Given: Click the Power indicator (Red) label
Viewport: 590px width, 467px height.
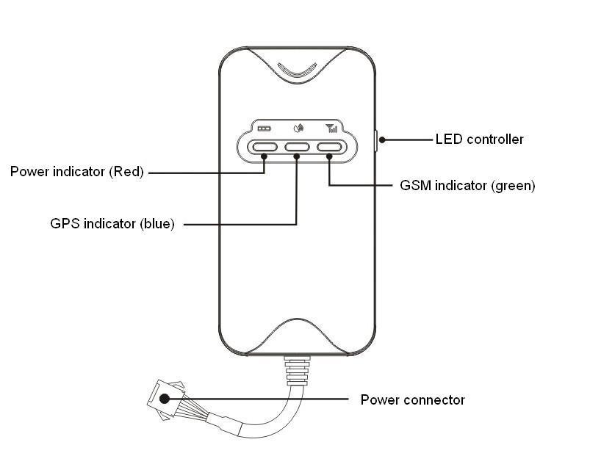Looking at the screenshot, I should (76, 173).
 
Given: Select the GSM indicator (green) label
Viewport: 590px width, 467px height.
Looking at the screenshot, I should (467, 186).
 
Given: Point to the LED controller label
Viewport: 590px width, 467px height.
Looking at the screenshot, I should (479, 139).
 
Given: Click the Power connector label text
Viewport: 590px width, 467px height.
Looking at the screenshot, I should (412, 400).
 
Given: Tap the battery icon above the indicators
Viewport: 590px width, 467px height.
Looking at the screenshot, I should (264, 128).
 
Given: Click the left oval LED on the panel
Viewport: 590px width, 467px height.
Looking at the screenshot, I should (264, 147).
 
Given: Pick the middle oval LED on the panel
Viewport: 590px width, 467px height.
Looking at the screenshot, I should (297, 147).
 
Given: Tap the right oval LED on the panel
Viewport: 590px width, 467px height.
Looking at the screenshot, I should (330, 147).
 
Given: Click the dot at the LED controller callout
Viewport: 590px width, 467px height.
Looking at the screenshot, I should (382, 140).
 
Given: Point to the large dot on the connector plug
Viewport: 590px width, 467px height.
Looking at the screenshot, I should (165, 399).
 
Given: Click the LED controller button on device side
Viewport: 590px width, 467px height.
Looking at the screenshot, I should (375, 140).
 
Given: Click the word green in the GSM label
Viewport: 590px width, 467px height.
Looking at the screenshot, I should (514, 186).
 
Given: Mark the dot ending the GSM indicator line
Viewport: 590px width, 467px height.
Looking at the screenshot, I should (329, 156).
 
